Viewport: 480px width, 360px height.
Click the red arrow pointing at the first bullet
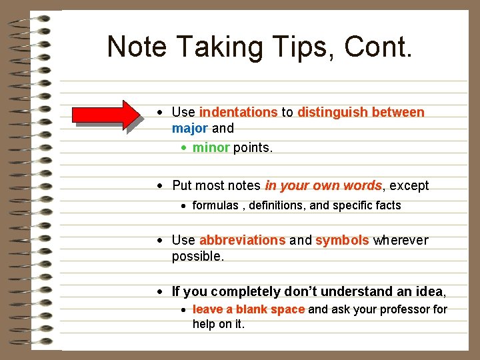click(x=107, y=114)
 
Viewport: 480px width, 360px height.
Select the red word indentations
click(x=238, y=112)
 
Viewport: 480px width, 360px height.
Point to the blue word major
click(x=190, y=128)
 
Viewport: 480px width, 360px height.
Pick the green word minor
click(x=211, y=147)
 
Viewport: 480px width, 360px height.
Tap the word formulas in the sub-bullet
click(x=215, y=205)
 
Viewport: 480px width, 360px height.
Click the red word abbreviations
click(x=242, y=240)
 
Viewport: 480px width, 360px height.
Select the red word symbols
click(x=342, y=240)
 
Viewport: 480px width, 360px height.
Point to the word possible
click(x=198, y=257)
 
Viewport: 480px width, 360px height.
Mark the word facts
click(x=387, y=205)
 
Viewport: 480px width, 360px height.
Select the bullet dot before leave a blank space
click(x=183, y=310)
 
